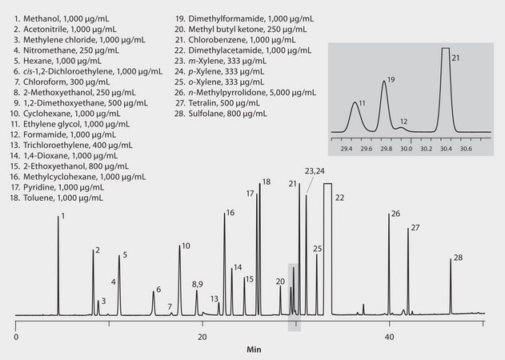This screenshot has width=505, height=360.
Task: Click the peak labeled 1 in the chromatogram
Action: point(58,264)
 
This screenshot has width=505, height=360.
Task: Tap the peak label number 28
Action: point(458,258)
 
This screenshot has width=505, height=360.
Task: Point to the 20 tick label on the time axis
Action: point(202,338)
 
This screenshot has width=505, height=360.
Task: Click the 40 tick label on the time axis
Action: point(390,338)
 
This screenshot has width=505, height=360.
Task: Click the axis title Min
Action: point(254,350)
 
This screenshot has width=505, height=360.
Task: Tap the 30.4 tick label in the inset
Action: point(444,148)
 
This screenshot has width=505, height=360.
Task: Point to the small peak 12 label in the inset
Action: point(404,122)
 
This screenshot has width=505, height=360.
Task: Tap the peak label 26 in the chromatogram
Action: point(395,214)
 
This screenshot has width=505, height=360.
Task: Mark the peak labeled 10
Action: point(179,272)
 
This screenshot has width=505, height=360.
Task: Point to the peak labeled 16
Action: point(225,256)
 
